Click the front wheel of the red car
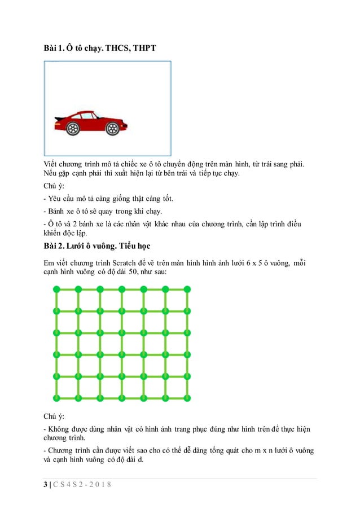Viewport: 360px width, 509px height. pos(112,129)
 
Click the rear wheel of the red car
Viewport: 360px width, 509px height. pos(73,129)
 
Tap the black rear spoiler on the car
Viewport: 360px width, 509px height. pos(58,120)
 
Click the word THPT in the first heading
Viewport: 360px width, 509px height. pos(143,49)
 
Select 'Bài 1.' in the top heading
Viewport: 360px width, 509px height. pos(54,49)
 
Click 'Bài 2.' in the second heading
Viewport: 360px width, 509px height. pos(54,247)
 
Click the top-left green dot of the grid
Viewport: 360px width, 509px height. pos(56,289)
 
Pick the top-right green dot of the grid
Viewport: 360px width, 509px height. pos(187,289)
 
